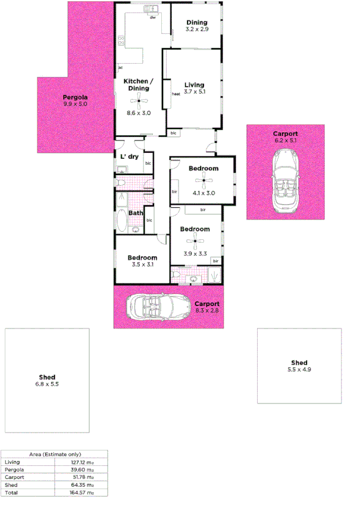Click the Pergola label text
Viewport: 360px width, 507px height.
point(76,97)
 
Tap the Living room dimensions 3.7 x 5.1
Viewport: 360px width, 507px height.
point(195,92)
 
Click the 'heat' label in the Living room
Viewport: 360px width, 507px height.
point(176,94)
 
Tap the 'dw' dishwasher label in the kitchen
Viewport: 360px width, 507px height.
point(153,18)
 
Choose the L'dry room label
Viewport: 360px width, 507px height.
point(129,157)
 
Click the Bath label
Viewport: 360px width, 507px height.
point(136,213)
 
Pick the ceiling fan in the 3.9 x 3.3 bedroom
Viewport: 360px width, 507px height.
point(195,241)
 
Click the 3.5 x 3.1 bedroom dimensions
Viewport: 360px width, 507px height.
point(142,265)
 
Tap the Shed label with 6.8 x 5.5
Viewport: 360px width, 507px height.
point(47,377)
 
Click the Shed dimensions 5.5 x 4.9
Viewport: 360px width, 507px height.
point(299,370)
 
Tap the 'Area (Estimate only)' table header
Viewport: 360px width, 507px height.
point(55,454)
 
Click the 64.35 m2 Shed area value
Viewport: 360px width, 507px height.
point(82,485)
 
